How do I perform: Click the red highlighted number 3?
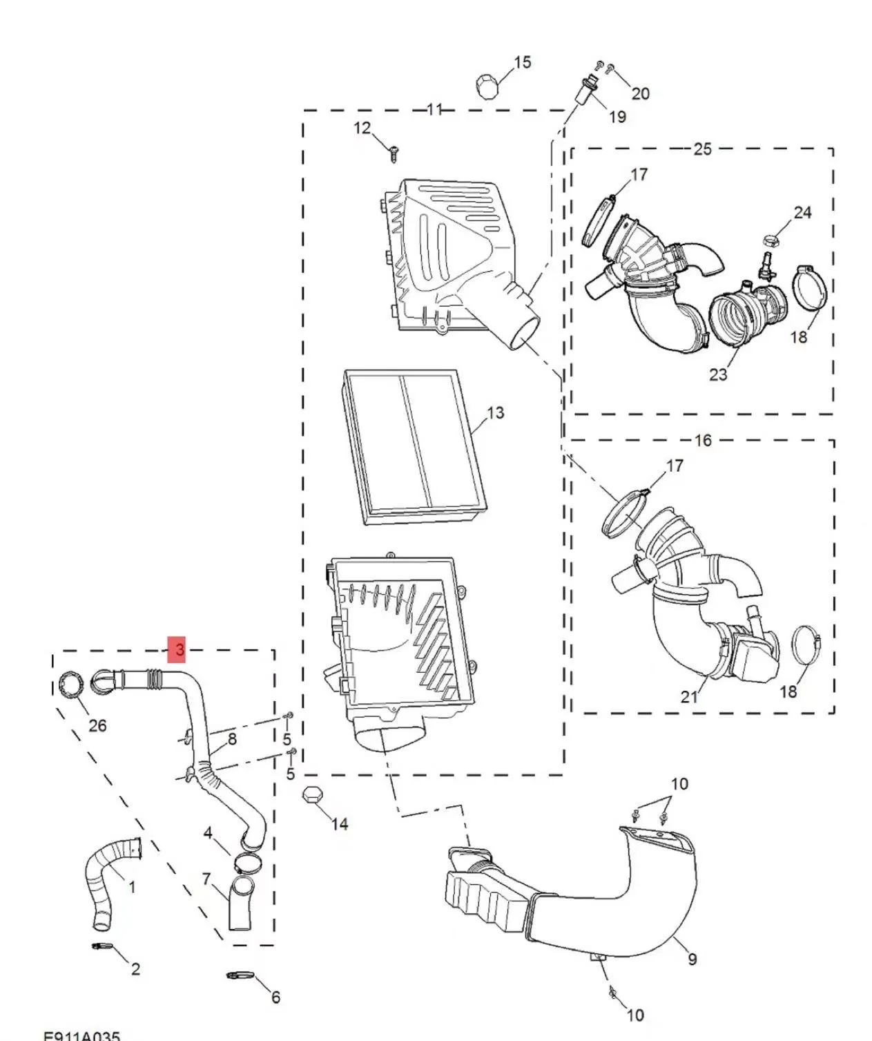tap(180, 649)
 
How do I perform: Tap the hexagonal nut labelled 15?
tap(487, 88)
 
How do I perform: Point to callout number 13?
tap(495, 413)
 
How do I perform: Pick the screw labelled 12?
tap(394, 153)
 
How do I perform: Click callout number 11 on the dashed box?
tap(434, 109)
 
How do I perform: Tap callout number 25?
tap(702, 149)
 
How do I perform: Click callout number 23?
tap(718, 374)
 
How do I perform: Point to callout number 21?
tap(689, 697)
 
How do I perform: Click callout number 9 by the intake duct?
tap(692, 958)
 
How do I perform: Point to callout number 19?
tap(617, 117)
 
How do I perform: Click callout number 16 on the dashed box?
tap(702, 440)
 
